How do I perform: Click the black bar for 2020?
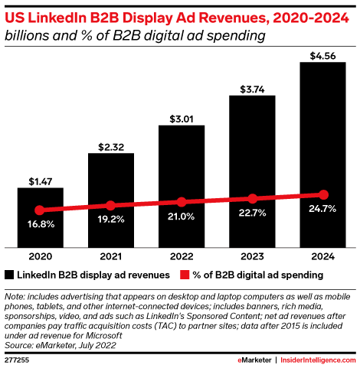[40, 218]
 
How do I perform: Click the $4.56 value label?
[323, 54]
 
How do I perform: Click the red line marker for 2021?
[110, 205]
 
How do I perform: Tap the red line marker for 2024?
[323, 194]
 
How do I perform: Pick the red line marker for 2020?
[40, 210]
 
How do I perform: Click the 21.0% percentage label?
[182, 219]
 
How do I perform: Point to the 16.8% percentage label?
[40, 226]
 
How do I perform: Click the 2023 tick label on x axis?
[252, 256]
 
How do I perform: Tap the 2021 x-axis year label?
[110, 256]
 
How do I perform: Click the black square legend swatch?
[9, 274]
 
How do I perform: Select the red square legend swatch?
[185, 274]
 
